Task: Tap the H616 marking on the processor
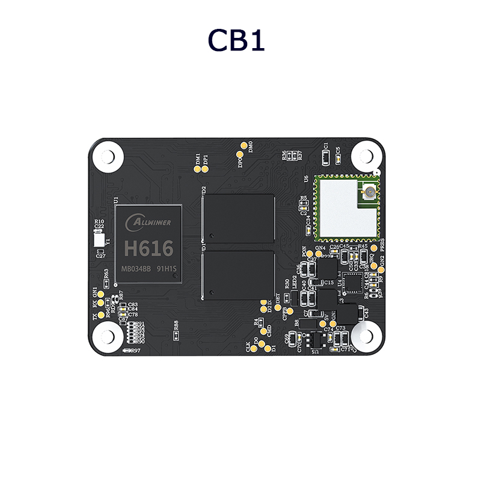coord(147,248)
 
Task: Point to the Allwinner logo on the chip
coord(148,223)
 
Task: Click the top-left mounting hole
coord(106,155)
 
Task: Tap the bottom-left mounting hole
coord(106,335)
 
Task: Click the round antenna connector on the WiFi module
coord(366,193)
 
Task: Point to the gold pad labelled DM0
coord(244,146)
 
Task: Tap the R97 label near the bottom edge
coord(135,351)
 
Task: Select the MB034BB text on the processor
coord(136,268)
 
